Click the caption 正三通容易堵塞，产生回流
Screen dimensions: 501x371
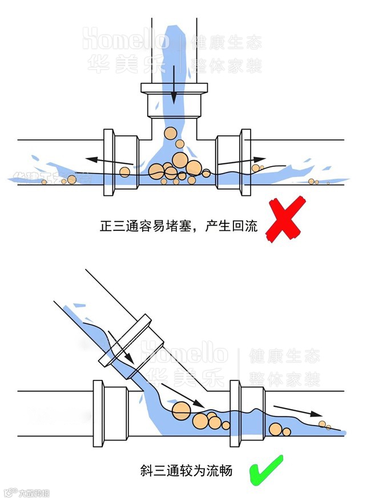[x=179, y=225]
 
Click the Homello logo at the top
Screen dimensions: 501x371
[x=126, y=40]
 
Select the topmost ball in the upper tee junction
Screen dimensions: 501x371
[x=170, y=134]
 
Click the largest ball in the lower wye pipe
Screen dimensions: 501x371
[x=182, y=410]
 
